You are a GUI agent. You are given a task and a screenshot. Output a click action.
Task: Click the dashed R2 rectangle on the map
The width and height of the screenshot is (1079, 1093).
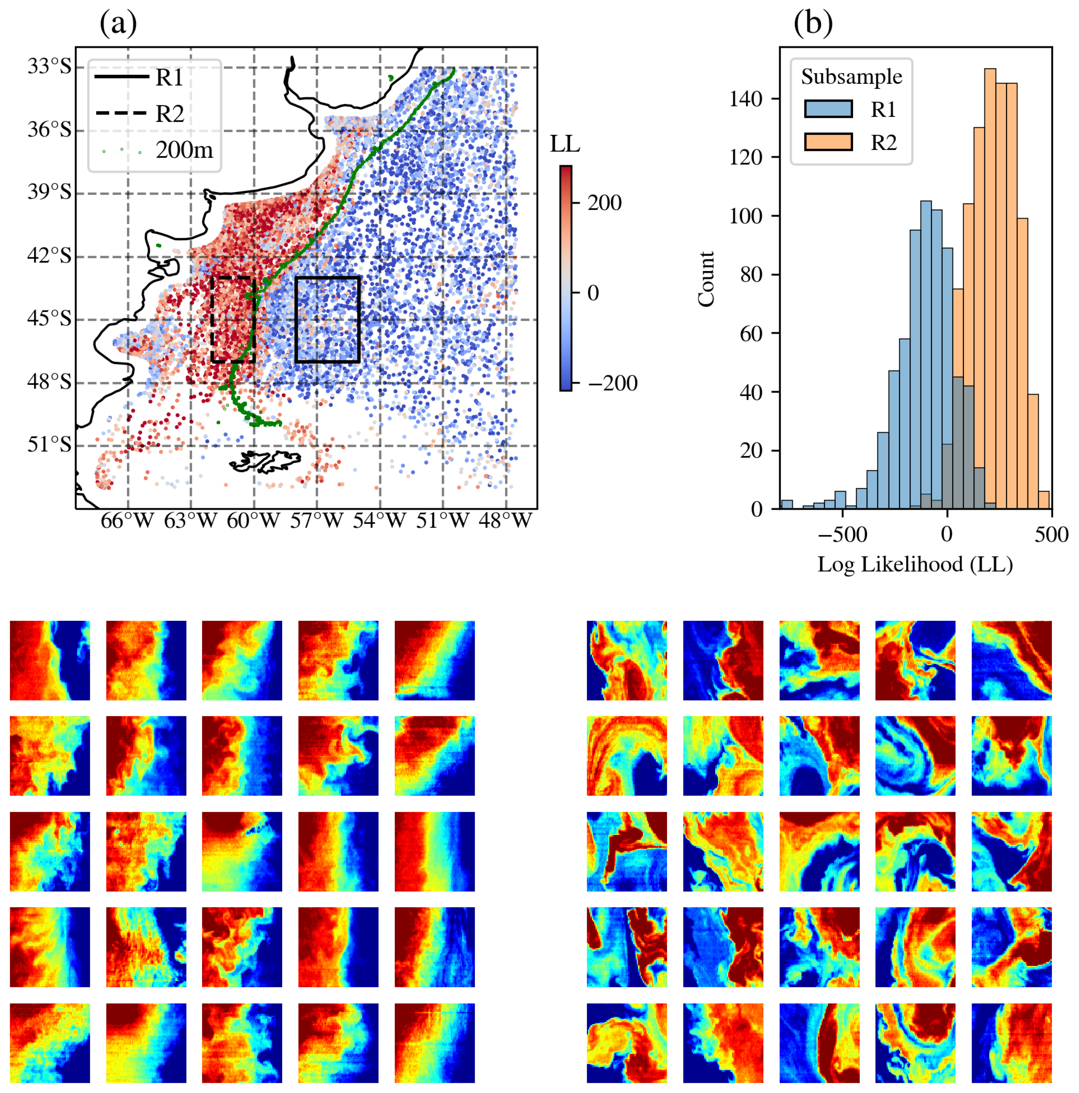point(212,320)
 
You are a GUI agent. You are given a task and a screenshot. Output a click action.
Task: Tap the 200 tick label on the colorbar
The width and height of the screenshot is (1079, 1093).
point(604,203)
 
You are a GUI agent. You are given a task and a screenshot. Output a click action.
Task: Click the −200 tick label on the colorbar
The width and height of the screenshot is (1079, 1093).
point(612,383)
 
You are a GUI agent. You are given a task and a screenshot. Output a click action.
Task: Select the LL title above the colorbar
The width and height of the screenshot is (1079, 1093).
point(564,144)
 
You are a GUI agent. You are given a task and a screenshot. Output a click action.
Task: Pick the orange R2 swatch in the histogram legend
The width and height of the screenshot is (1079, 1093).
point(828,141)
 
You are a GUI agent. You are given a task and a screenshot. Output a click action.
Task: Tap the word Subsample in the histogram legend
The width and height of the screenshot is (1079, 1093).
point(851,77)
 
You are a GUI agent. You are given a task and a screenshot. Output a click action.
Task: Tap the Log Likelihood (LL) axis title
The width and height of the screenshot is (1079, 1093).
point(914,564)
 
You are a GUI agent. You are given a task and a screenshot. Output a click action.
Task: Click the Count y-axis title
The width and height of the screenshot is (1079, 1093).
point(706,279)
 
